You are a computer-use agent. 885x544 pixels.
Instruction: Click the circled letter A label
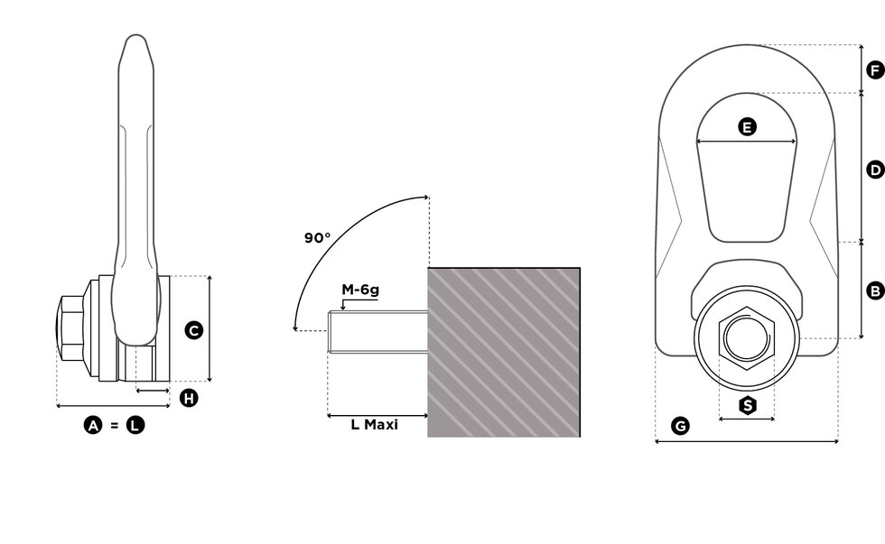point(93,425)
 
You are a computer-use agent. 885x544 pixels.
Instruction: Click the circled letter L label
point(135,425)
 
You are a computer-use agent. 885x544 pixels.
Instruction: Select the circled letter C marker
point(193,330)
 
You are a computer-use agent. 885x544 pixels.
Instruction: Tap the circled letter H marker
point(188,398)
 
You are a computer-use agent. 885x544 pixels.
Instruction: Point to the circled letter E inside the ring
point(747,127)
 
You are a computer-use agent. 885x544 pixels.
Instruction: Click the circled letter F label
point(874,69)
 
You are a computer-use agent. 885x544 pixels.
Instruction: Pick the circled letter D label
point(874,169)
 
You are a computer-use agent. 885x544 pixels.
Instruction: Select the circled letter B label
point(874,290)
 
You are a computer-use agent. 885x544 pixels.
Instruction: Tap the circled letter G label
point(681,425)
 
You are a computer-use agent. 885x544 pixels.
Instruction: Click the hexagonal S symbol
point(747,405)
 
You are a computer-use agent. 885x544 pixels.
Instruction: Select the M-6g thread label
point(359,290)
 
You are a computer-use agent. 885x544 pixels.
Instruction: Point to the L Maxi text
point(374,424)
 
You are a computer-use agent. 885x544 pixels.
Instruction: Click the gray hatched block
point(503,352)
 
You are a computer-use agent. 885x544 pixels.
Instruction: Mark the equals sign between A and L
point(114,425)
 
